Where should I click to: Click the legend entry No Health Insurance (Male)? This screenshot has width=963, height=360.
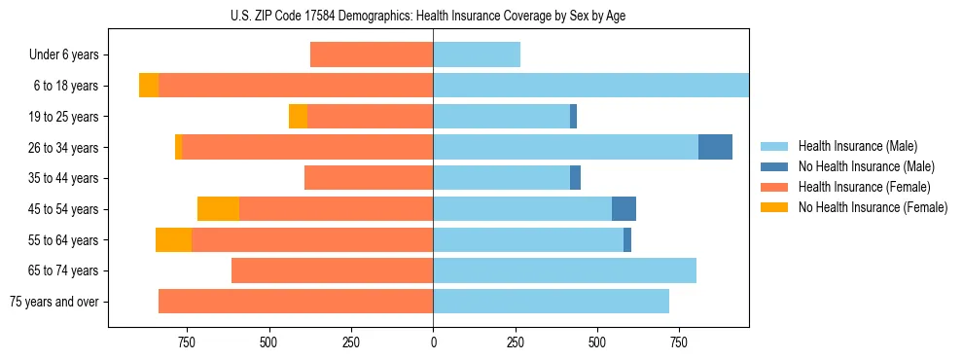866,166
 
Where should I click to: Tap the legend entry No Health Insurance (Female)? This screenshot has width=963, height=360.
873,207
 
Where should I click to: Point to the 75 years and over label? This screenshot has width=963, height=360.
54,302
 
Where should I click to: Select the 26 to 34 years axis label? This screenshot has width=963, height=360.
64,147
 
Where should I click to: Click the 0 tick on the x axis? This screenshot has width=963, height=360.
433,342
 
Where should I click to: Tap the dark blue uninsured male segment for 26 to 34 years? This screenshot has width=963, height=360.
715,147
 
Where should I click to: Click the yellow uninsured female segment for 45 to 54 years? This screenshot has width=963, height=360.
218,209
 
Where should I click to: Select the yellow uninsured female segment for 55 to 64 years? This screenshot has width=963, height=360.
173,240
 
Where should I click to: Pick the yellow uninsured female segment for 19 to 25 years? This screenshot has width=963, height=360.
298,117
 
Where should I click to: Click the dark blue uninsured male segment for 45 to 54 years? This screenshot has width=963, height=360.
624,209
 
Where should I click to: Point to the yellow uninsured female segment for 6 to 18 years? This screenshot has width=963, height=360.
149,86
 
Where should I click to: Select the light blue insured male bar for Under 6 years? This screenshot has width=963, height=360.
477,54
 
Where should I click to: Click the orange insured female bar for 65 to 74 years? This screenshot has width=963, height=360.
332,270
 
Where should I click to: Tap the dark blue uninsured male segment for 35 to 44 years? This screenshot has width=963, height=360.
575,178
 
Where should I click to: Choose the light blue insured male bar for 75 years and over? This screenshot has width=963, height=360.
551,302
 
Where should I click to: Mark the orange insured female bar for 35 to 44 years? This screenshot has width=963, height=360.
369,178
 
